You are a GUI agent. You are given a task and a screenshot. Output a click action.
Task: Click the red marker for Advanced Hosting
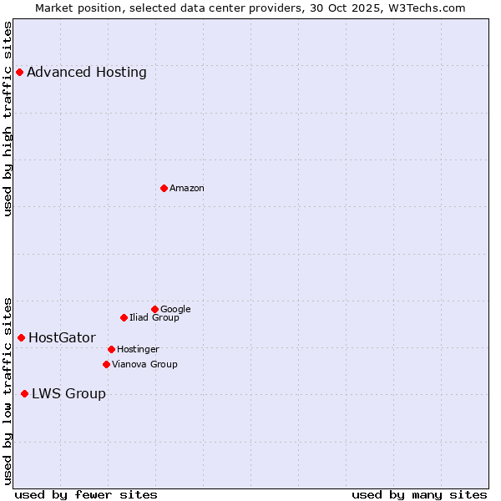(x=19, y=72)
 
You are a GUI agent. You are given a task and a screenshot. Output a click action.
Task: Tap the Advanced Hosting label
(x=87, y=73)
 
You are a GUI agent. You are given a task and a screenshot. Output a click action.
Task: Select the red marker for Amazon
(x=164, y=188)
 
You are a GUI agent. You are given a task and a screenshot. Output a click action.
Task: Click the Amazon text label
(x=186, y=189)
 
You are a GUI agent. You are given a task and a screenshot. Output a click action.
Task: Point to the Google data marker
(x=154, y=309)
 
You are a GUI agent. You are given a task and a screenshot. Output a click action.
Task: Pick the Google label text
(x=175, y=310)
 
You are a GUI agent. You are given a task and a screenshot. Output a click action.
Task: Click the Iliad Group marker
(x=124, y=317)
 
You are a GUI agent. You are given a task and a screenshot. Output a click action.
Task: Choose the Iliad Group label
(x=154, y=318)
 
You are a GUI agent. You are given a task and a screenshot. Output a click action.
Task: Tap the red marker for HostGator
(x=21, y=337)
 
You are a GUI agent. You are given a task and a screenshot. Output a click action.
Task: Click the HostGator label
(x=62, y=338)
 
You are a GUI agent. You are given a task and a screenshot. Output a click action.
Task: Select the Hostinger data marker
(x=111, y=349)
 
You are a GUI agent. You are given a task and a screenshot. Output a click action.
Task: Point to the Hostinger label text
(x=138, y=349)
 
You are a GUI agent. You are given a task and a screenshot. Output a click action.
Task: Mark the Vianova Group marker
(x=106, y=364)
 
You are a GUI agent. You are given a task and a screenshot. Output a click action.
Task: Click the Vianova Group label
(x=144, y=364)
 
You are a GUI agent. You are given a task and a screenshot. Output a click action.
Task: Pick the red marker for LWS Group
(x=24, y=393)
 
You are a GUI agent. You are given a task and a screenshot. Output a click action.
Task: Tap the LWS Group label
(x=68, y=394)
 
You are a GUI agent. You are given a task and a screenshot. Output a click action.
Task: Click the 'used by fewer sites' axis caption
(x=86, y=495)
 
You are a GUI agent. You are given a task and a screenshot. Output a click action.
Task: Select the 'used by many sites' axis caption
(x=419, y=495)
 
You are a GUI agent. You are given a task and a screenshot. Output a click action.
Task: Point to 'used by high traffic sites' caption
(x=8, y=119)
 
